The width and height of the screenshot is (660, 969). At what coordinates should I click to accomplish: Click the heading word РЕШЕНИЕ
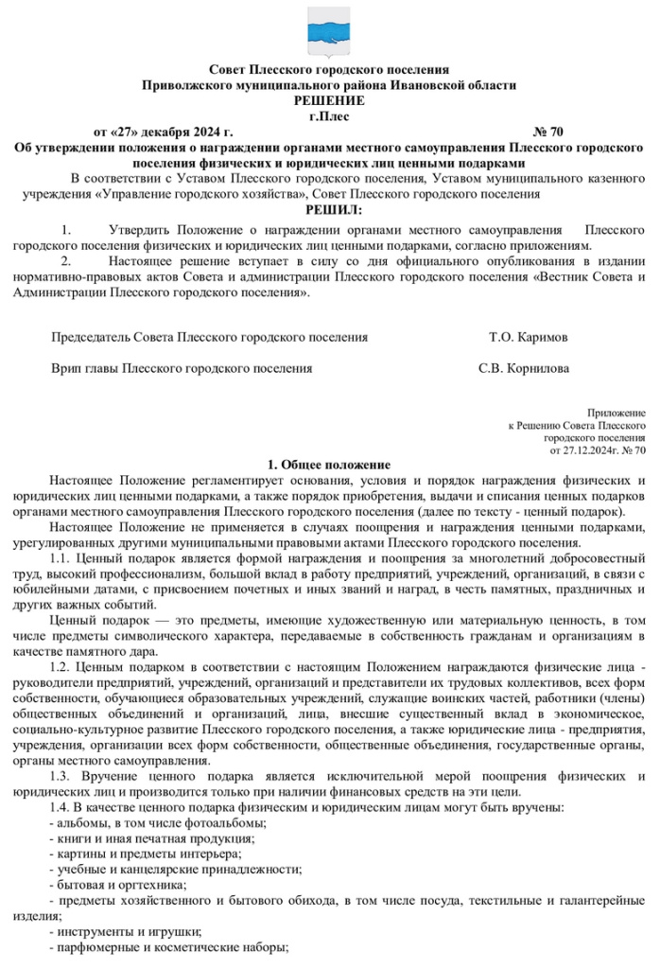tap(328, 99)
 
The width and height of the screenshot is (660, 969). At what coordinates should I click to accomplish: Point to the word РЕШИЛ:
tap(328, 209)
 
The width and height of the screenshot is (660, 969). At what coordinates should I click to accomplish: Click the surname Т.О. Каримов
tap(529, 336)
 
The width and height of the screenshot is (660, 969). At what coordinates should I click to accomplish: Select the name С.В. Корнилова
tap(524, 368)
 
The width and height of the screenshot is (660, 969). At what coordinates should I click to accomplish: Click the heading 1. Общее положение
tap(328, 464)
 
